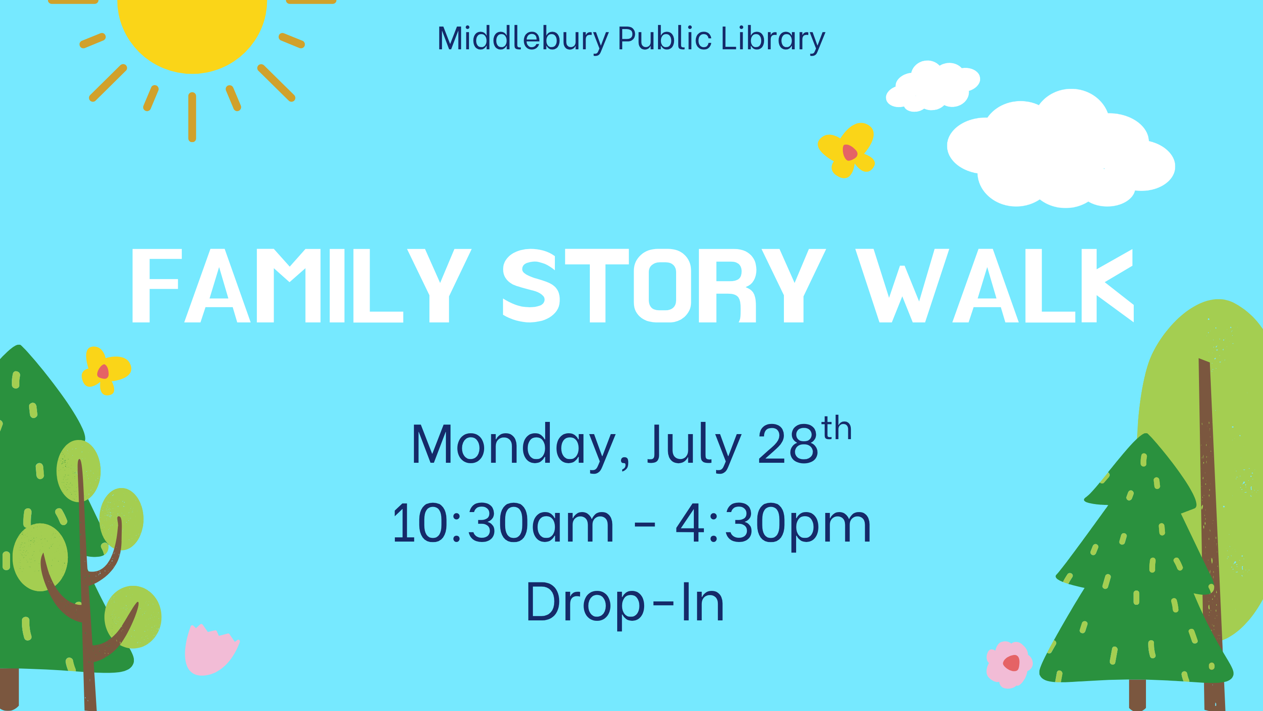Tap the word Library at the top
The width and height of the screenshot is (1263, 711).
[x=773, y=39]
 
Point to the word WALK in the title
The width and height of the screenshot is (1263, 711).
[x=995, y=286]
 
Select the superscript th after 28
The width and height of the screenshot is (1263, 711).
[x=837, y=428]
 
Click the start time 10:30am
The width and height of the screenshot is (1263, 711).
[x=503, y=524]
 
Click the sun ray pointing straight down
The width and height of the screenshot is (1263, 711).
[x=192, y=117]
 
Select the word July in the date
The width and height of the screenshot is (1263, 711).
[x=694, y=446]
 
